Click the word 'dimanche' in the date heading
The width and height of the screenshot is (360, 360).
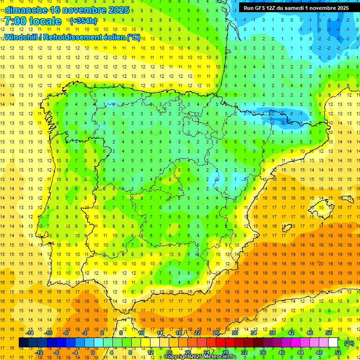click(x=25, y=10)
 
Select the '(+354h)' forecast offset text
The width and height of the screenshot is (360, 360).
click(x=83, y=21)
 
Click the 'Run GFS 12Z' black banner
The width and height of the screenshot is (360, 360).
click(x=296, y=8)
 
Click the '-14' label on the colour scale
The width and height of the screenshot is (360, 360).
click(x=30, y=333)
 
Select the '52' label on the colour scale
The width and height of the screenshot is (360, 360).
click(x=338, y=352)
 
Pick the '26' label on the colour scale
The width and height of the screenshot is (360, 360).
click(x=216, y=333)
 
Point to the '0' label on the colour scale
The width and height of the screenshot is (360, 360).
click(x=93, y=352)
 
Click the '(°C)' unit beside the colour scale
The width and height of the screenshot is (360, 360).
click(x=349, y=343)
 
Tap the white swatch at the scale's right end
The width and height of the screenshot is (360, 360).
click(x=333, y=343)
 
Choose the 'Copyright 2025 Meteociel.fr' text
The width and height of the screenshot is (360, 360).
click(x=200, y=357)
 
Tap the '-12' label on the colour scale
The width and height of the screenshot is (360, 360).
click(x=39, y=352)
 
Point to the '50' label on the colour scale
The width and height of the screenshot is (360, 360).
click(x=329, y=333)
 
